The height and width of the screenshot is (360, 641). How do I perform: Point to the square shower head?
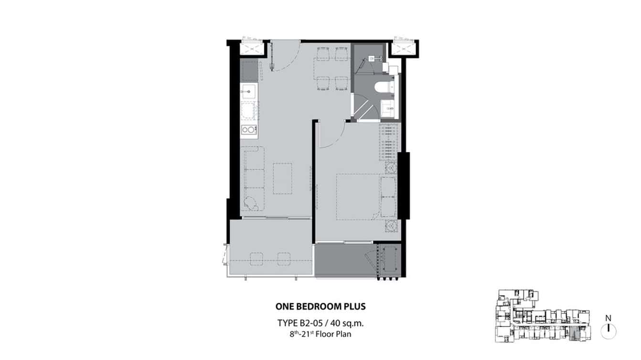click(371, 58)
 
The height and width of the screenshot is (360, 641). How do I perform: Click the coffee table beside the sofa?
click(282, 179)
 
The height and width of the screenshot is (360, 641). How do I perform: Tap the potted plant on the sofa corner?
click(251, 203)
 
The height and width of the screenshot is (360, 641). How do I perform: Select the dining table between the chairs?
click(331, 69)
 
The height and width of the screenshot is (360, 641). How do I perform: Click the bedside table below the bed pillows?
click(391, 226)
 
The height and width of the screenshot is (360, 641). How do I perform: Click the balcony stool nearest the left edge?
click(256, 259)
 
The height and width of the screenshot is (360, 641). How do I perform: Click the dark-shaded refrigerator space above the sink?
click(249, 71)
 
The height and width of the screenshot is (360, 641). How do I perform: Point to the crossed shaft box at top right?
click(403, 47)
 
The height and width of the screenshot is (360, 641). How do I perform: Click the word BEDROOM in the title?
click(315, 307)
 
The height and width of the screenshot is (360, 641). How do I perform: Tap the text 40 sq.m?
click(347, 323)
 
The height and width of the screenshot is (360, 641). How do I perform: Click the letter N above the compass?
click(609, 318)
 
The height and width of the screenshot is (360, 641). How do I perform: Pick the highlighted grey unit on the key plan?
click(573, 334)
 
